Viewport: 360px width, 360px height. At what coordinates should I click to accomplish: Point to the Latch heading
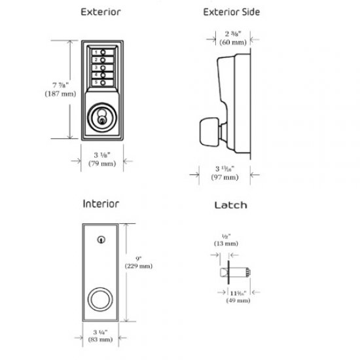pos(230,205)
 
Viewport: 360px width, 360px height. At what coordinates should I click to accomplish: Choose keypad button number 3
pos(102,67)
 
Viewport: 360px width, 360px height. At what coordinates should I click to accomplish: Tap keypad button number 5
pos(102,82)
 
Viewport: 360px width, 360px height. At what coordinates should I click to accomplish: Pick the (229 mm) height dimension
pos(140,266)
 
